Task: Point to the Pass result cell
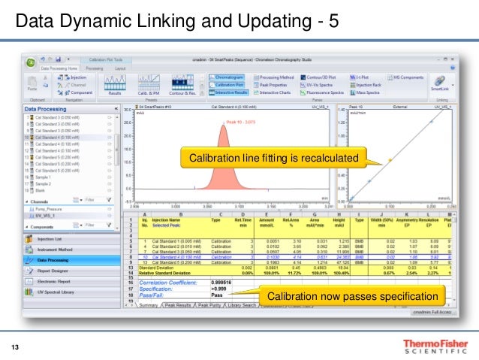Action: pyautogui.click(x=217, y=295)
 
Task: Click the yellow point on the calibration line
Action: pyautogui.click(x=390, y=160)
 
